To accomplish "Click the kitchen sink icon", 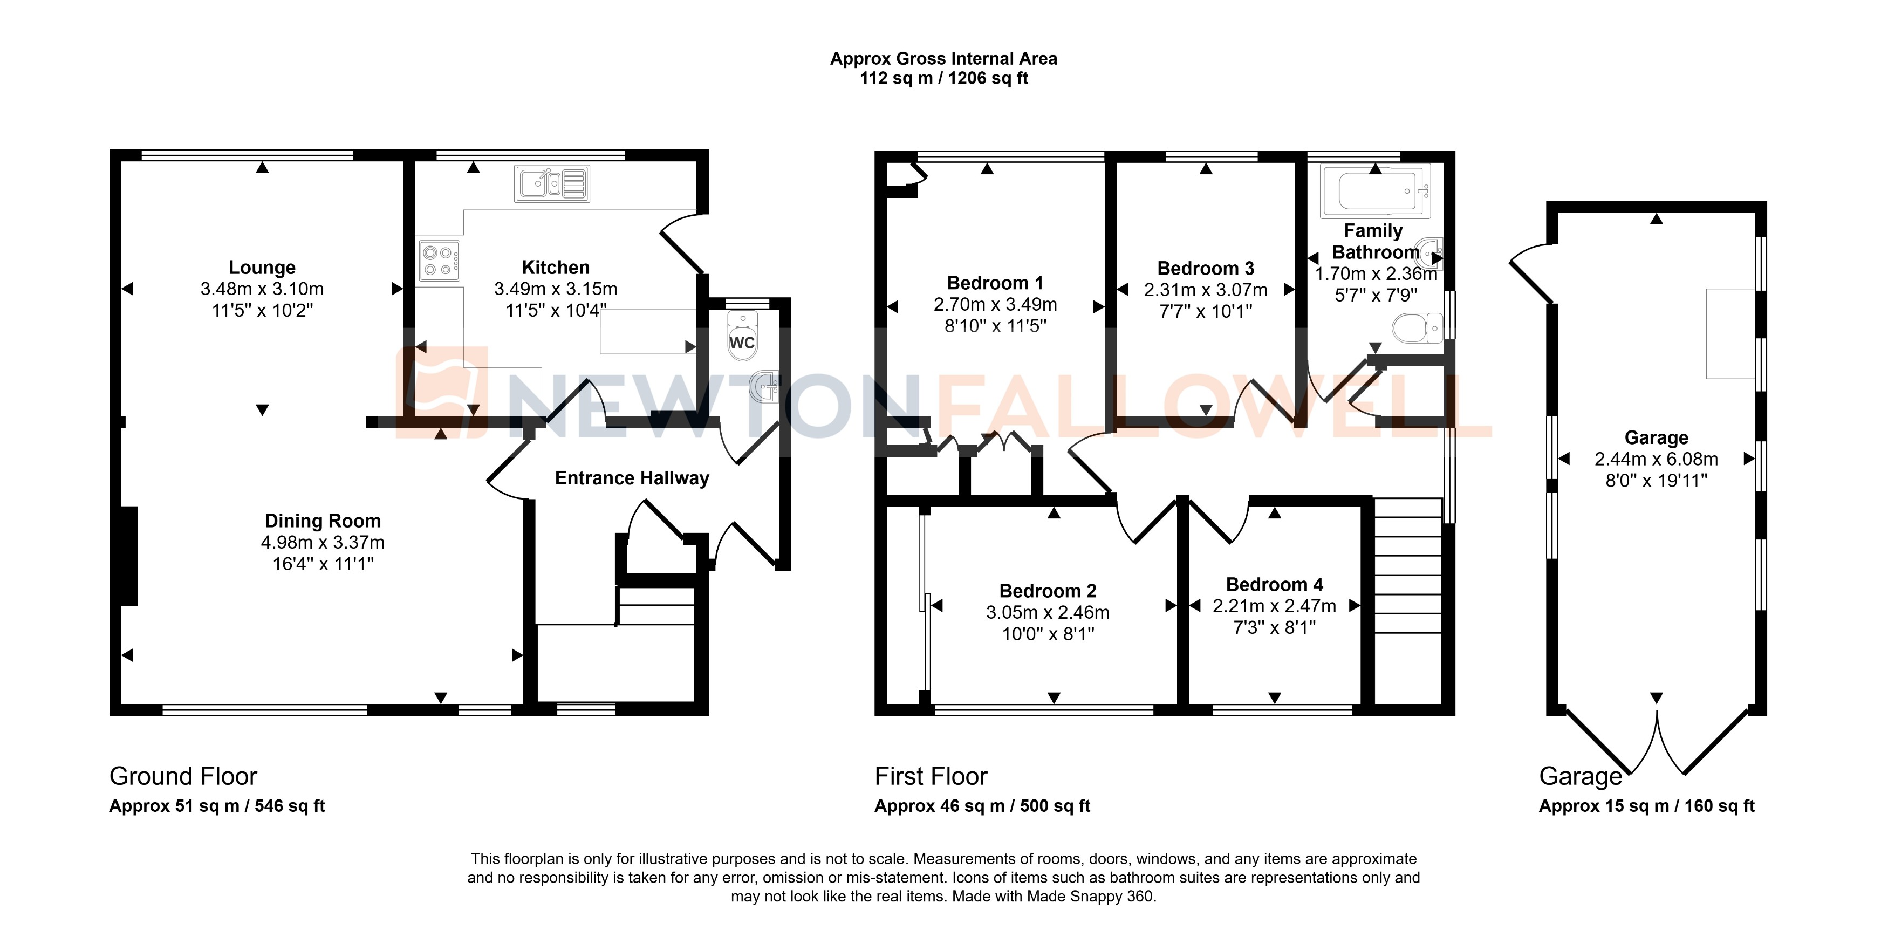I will click(x=552, y=183).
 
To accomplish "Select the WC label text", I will click(x=742, y=343).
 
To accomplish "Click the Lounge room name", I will click(x=262, y=268).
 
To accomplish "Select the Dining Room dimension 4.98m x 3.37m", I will click(x=323, y=542).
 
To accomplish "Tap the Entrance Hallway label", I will click(x=632, y=478).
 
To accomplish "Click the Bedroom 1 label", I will click(x=995, y=283).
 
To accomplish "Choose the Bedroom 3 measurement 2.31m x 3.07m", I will click(x=1205, y=290).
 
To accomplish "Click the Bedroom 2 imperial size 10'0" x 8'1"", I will click(x=1048, y=634).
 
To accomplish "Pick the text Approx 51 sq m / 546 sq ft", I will click(x=217, y=806).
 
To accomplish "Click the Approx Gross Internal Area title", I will click(x=943, y=59).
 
